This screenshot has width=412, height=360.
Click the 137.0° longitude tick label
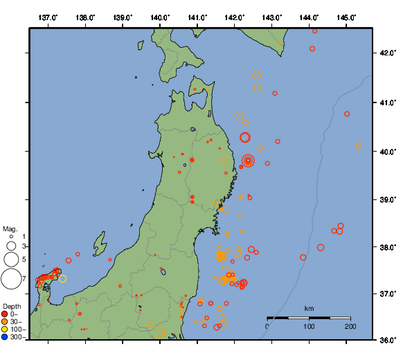pyautogui.click(x=48, y=17)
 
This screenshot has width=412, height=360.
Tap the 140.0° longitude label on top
pyautogui.click(x=159, y=17)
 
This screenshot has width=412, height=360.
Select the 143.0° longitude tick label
pyautogui.click(x=272, y=17)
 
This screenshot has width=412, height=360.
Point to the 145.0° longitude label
pyautogui.click(x=346, y=17)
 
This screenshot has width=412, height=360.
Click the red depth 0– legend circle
pyautogui.click(x=5, y=314)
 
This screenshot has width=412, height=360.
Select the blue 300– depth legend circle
pyautogui.click(x=5, y=337)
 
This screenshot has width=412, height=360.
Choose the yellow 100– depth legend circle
pyautogui.click(x=5, y=330)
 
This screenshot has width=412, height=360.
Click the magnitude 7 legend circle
pyautogui.click(x=11, y=279)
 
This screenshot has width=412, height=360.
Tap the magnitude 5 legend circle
pyautogui.click(x=11, y=259)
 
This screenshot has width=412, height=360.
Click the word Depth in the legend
pyautogui.click(x=12, y=306)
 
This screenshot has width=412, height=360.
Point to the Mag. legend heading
pyautogui.click(x=10, y=228)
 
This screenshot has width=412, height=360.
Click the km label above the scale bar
pyautogui.click(x=309, y=309)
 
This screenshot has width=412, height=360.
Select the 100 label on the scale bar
pyautogui.click(x=308, y=326)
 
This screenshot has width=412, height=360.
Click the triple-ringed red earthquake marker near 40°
pyautogui.click(x=248, y=161)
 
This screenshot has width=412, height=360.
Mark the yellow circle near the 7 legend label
pyautogui.click(x=62, y=278)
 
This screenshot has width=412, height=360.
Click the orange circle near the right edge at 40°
pyautogui.click(x=359, y=146)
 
